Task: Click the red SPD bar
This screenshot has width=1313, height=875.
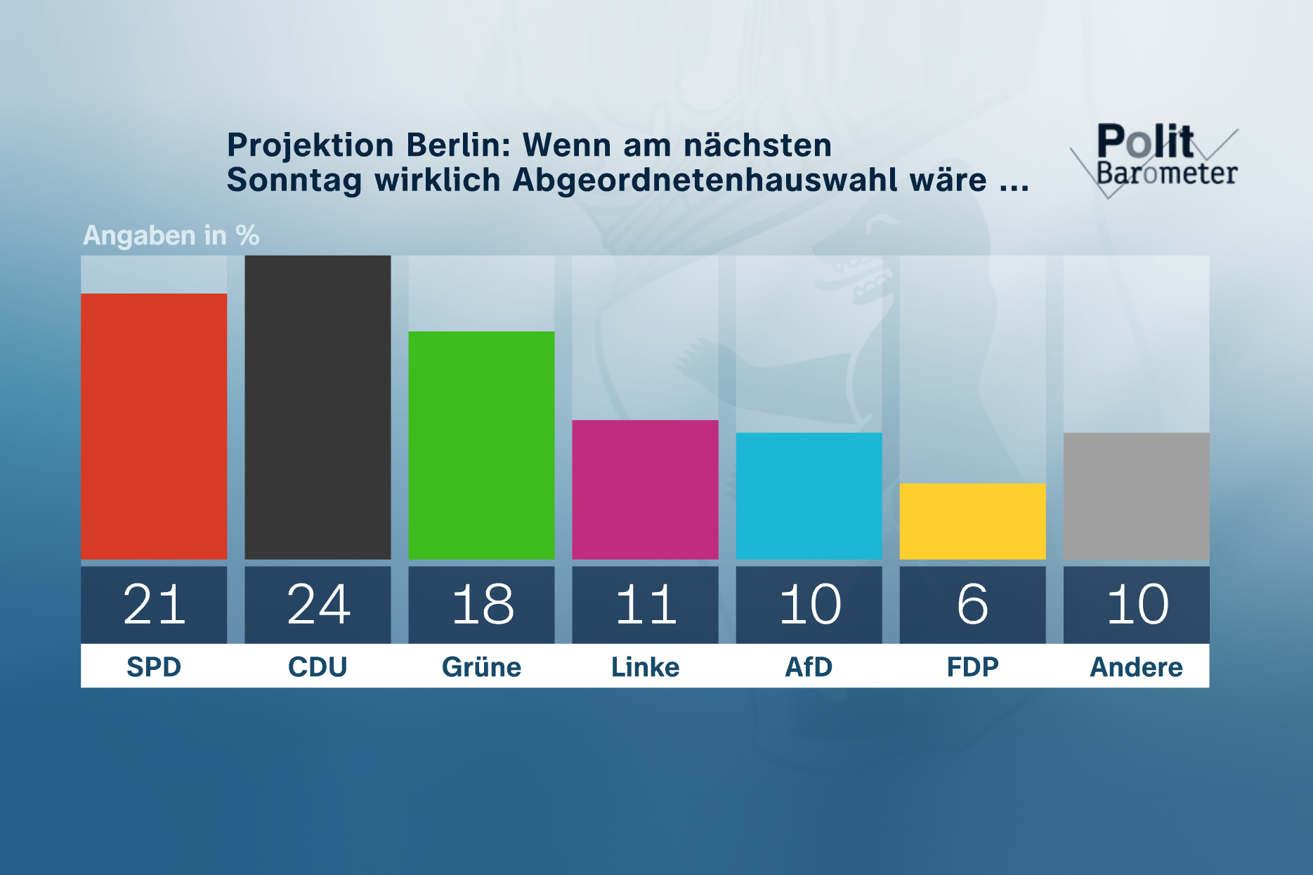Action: coord(154,426)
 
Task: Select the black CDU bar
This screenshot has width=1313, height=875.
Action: coord(318,407)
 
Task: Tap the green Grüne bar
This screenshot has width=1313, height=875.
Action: coord(481,445)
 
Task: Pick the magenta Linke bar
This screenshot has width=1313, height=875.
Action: coord(645,489)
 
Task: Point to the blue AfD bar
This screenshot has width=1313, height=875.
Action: coord(809,496)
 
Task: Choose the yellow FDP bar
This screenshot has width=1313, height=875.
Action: coord(972,521)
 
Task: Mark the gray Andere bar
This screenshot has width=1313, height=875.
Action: coord(1136,496)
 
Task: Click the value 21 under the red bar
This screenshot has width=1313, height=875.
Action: coord(154,605)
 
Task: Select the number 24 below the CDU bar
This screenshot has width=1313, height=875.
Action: coord(318,605)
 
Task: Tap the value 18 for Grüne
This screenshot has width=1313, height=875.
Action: coord(482,605)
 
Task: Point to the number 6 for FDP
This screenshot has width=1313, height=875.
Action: coord(972,605)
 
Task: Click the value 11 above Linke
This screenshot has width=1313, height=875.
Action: coord(645,605)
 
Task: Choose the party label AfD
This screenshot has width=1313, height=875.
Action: coord(809,666)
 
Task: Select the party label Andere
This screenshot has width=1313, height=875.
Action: coord(1136,666)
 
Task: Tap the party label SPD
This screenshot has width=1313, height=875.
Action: coord(154,666)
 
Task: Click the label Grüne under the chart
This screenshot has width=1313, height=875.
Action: coord(481,666)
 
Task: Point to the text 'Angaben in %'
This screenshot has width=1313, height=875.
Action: coord(171,235)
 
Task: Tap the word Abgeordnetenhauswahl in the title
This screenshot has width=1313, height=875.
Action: coord(705,180)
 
